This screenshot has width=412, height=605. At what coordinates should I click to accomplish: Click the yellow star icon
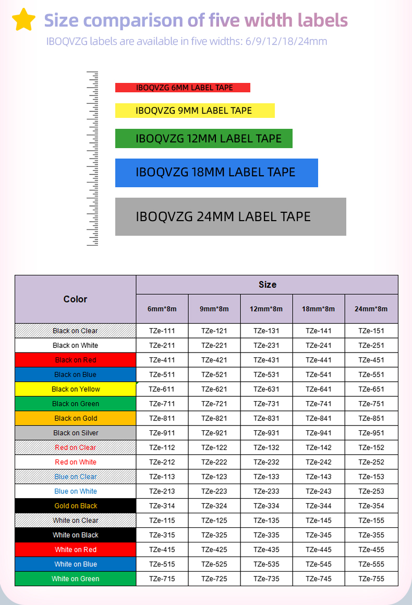(23, 20)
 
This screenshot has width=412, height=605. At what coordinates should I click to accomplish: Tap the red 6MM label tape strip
(183, 88)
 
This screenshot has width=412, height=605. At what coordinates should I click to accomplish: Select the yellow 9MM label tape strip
(195, 111)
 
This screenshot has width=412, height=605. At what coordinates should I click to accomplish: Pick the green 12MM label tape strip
(203, 139)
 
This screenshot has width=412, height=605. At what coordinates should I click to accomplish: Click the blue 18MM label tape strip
(216, 173)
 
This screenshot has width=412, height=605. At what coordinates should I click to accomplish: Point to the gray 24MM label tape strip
(231, 216)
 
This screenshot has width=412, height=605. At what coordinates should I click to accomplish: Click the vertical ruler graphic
(92, 158)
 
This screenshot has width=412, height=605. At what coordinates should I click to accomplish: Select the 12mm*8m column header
(266, 309)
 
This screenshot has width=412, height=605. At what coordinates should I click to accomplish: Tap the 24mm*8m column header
(371, 309)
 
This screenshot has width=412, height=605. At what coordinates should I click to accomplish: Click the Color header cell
(75, 299)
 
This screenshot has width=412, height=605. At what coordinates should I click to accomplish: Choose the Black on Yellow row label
(76, 389)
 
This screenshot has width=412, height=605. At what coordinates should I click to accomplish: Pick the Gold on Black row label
(76, 506)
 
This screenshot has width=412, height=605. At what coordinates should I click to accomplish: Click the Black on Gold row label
(76, 418)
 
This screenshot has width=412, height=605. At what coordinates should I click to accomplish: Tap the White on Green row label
(76, 579)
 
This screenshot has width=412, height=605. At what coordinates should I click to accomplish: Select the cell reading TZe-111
(162, 331)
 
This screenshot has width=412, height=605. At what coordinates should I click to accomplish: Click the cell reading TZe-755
(371, 579)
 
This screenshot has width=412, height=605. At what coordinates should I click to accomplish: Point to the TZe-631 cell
(266, 389)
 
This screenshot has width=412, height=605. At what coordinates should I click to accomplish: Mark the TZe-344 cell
(319, 506)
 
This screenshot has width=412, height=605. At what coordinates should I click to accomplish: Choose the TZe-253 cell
(371, 491)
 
